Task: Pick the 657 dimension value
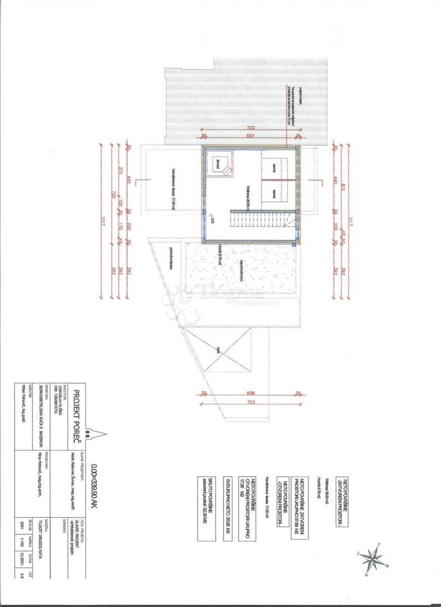click(x=251, y=136)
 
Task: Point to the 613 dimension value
click(x=342, y=187)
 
